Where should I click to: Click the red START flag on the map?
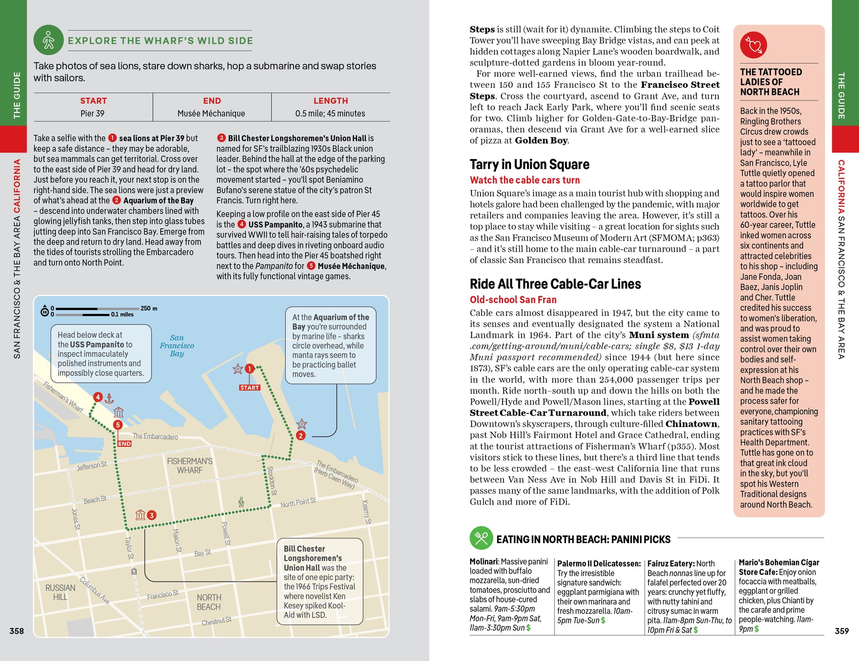(x=250, y=388)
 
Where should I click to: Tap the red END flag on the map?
(x=125, y=443)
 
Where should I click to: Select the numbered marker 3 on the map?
(x=151, y=515)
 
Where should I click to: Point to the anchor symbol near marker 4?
(x=109, y=398)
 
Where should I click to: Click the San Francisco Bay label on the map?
(x=177, y=346)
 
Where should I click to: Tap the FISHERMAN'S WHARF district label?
(x=189, y=466)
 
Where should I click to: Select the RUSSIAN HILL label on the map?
(x=60, y=592)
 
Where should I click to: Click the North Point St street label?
(x=298, y=503)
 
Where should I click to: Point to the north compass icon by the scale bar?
(x=45, y=312)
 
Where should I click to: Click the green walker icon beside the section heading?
(x=49, y=40)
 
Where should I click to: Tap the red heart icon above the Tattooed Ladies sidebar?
(x=754, y=45)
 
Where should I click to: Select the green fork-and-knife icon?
(x=481, y=538)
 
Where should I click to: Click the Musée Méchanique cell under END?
(x=211, y=114)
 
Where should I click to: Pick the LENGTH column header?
(x=330, y=101)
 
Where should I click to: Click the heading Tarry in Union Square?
(x=529, y=165)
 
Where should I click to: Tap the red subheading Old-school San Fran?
(x=513, y=300)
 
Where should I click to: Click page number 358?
(x=17, y=631)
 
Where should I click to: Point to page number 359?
(x=841, y=631)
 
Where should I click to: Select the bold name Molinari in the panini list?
(x=483, y=562)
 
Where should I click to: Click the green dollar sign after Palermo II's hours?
(x=603, y=620)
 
